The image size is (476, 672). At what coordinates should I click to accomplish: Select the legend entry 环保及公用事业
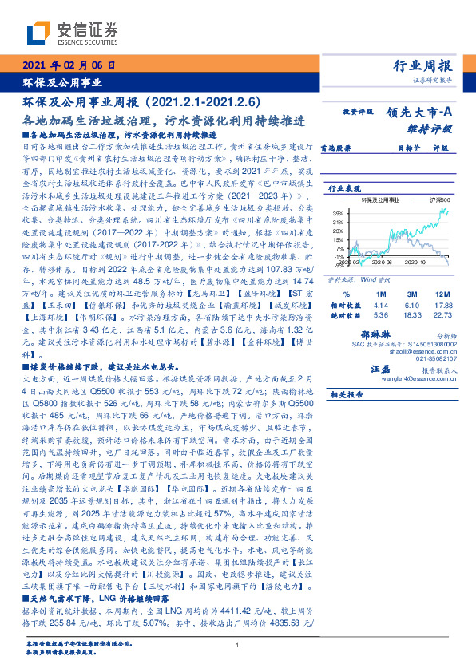click(379, 200)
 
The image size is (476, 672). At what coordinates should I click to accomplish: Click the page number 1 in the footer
click(238, 646)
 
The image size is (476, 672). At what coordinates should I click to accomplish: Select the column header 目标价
click(408, 148)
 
